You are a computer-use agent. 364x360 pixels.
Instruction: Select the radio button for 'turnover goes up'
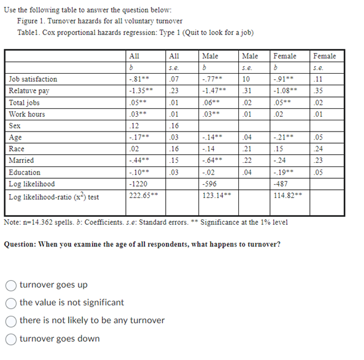pos(12,284)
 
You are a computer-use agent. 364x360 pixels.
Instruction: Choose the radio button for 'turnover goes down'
pos(12,338)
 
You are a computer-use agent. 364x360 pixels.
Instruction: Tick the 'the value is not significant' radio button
pos(12,302)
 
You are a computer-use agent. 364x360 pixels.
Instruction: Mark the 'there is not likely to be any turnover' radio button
pos(12,320)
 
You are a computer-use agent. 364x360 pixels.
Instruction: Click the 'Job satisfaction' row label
pos(33,79)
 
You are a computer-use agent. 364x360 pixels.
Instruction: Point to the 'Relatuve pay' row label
pos(29,91)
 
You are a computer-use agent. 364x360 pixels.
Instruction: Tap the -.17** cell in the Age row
pos(137,138)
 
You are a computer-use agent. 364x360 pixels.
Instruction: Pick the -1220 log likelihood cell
pos(137,184)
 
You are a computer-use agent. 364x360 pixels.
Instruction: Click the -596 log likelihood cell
pos(209,184)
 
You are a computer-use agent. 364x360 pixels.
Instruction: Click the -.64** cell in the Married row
pos(212,160)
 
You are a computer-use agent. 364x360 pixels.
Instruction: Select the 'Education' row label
pos(25,172)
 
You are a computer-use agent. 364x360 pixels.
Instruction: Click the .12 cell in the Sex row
pos(133,126)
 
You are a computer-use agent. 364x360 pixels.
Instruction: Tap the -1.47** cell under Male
pos(214,91)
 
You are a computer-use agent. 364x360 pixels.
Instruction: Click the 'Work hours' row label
pos(28,114)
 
